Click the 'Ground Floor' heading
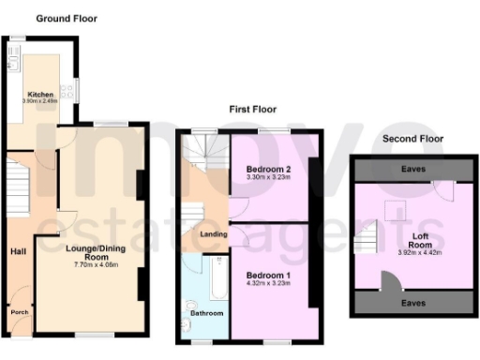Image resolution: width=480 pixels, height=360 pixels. pos(66,19)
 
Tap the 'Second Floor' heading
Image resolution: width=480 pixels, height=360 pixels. pos(413,139)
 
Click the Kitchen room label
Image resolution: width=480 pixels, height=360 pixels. pos(40,95)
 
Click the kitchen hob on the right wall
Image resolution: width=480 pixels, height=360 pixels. pos(67,93)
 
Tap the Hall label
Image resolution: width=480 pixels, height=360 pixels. pos(18,251)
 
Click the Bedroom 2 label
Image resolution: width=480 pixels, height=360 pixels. pos(267,169)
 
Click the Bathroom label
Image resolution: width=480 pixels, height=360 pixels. pos(208,312)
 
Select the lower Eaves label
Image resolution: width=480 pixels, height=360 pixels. pos(413,304)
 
